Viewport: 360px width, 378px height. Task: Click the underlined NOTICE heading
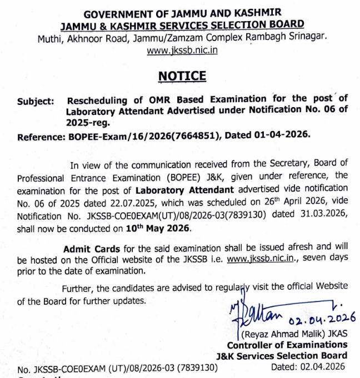[182, 76]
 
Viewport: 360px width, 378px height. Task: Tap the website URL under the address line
[182, 50]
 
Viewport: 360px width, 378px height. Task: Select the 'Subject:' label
[36, 101]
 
